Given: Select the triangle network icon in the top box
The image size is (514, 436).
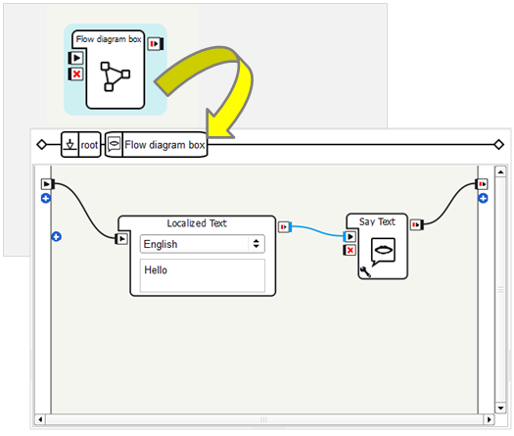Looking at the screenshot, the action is (115, 76).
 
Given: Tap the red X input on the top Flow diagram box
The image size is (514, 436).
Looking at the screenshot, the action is (75, 73).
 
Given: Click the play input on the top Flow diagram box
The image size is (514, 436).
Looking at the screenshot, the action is (75, 58).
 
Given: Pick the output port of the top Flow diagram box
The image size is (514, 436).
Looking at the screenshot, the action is (156, 44).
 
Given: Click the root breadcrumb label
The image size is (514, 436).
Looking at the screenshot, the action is (89, 145).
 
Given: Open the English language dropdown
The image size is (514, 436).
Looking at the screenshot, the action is (203, 244).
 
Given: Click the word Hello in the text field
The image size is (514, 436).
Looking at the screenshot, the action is (156, 270).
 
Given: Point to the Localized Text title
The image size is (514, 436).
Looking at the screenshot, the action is (197, 223).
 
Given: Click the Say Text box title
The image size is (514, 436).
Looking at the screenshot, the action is (377, 221).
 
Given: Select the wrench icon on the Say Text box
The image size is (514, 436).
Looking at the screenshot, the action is (365, 271).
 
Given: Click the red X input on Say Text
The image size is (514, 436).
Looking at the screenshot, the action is (350, 250).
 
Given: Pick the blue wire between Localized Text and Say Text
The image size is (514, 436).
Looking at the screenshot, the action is (317, 230).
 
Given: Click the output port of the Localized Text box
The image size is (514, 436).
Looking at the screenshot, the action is (284, 226).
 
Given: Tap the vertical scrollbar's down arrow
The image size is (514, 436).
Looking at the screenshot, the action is (500, 409).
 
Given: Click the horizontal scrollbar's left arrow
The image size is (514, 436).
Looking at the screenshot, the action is (40, 419).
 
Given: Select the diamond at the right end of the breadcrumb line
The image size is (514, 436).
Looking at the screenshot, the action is (499, 144).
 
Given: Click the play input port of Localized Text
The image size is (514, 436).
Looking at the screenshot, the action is (121, 239).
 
